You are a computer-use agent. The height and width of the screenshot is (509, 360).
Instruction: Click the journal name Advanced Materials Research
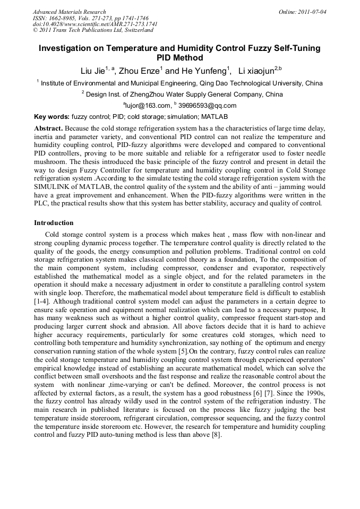pos(69,11)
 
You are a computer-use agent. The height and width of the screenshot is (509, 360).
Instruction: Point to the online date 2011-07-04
pos(311,11)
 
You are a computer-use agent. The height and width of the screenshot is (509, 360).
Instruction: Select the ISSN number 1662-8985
pos(66,18)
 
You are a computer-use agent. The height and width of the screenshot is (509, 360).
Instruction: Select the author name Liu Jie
pos(92,71)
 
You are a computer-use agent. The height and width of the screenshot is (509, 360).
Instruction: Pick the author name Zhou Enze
pos(139,71)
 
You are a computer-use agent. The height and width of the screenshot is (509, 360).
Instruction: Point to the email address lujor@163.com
pos(147,105)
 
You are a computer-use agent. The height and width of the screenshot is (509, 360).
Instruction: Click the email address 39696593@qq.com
pos(208,105)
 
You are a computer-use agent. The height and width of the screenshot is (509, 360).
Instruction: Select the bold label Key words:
pos(52,116)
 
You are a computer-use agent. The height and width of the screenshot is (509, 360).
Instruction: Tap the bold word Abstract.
pos(48,128)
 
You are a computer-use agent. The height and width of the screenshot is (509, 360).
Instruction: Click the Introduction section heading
pos(54,222)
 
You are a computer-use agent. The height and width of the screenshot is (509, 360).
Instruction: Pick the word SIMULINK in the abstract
pos(54,188)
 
